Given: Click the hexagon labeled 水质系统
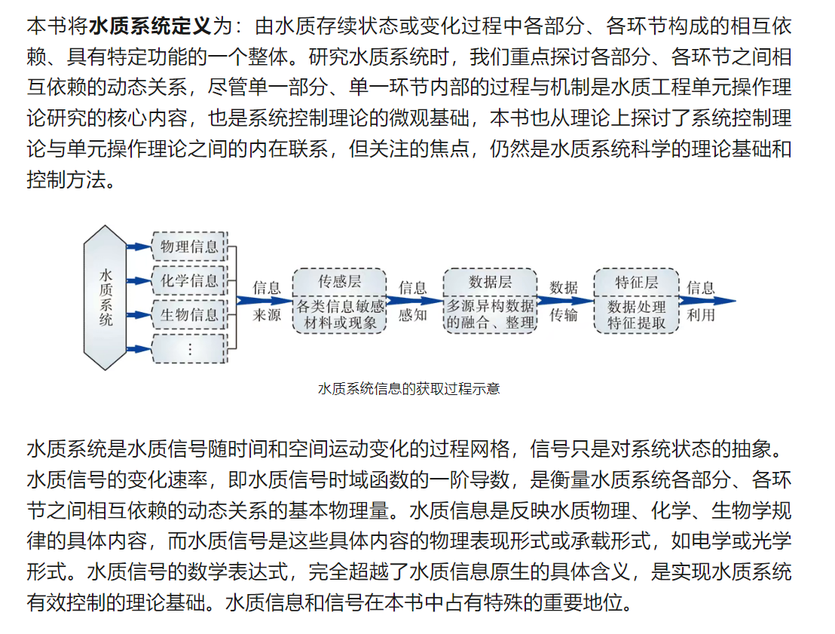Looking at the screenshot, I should [106, 298].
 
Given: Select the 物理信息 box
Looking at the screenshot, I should [189, 246].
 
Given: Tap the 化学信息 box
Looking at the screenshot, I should [189, 280].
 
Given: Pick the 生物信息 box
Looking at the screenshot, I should [189, 314].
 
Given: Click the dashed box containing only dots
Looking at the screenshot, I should [189, 349].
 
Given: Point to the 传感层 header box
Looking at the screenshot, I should [340, 282].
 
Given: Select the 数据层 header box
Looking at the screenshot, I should [490, 282].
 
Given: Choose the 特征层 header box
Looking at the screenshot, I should [637, 282].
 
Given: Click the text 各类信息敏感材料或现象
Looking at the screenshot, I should [340, 315].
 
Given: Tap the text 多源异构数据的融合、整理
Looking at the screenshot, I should [490, 315].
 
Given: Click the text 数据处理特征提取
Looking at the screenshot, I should [637, 315].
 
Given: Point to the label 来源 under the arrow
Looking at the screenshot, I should [267, 315].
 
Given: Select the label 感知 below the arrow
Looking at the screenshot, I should [412, 315].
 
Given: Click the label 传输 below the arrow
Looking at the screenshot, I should [564, 315].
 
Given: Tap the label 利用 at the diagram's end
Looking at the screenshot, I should [701, 315].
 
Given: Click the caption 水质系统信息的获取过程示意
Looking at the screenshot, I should [409, 389].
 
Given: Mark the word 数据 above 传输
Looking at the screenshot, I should [564, 287].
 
